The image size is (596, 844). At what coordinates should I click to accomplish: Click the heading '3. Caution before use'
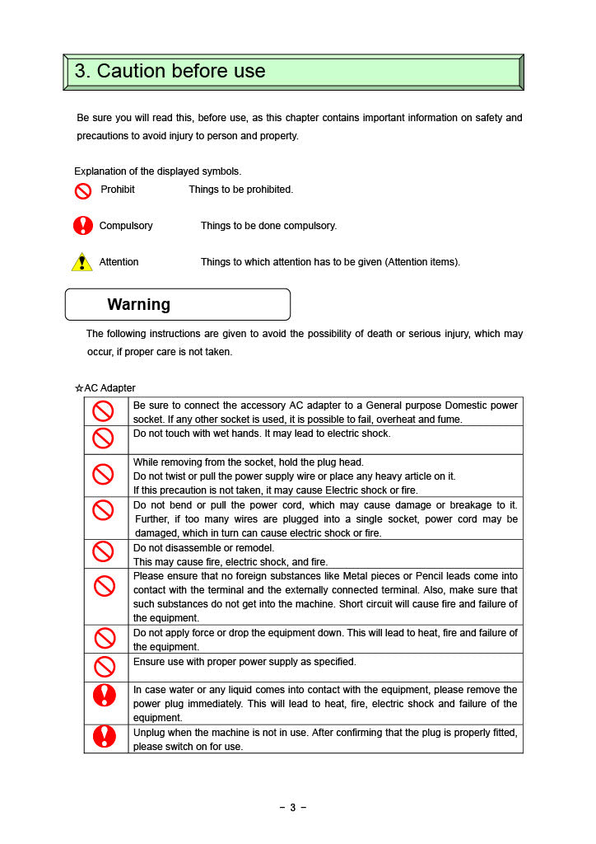[170, 72]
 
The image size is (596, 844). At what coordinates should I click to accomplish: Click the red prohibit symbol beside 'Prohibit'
[83, 191]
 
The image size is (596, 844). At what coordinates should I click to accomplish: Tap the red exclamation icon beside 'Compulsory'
[83, 225]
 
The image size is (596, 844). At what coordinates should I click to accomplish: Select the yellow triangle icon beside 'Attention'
[81, 262]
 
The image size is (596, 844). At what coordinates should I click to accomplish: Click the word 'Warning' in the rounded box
[138, 304]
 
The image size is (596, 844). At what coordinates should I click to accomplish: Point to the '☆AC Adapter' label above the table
[105, 388]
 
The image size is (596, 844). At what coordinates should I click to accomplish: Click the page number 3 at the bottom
[292, 808]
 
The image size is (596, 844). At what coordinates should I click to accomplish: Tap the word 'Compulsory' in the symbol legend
[126, 226]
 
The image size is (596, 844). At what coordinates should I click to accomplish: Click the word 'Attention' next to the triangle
[119, 262]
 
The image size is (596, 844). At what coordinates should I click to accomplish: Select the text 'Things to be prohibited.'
[240, 190]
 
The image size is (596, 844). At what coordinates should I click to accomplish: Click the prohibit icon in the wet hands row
[103, 438]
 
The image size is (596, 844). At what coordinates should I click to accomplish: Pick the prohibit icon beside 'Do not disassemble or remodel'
[103, 551]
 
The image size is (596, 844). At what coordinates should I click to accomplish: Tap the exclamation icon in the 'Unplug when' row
[105, 736]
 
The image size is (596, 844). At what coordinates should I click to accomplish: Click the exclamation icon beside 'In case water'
[105, 696]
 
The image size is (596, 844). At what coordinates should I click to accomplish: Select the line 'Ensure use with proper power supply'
[244, 662]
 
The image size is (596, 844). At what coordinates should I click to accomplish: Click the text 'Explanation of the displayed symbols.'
[158, 171]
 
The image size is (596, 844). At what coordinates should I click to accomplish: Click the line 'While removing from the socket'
[248, 462]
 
